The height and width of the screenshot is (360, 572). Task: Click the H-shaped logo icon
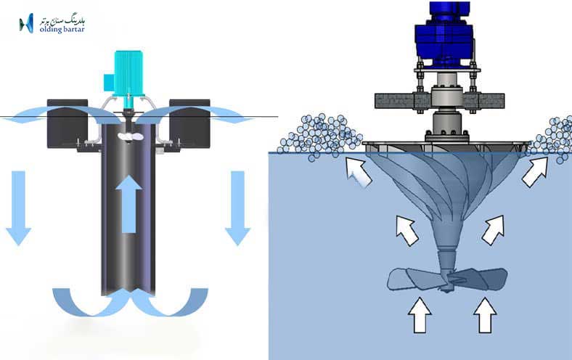pos(26,24)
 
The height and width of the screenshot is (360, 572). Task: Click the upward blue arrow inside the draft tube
pos(128,203)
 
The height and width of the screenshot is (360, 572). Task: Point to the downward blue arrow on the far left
pos(18,208)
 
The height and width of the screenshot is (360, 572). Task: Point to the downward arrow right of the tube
pos(237,208)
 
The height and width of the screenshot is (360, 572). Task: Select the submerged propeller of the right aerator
pos(446,279)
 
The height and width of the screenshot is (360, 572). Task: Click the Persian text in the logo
pos(64,16)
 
